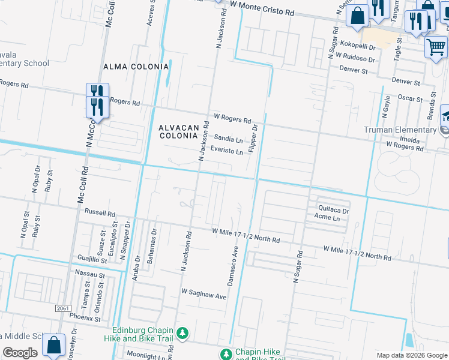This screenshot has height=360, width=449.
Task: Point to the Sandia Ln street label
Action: pos(229,139)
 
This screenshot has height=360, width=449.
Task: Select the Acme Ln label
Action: pos(328,218)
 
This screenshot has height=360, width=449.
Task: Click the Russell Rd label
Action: pos(100,212)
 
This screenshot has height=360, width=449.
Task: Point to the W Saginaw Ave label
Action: pos(204,296)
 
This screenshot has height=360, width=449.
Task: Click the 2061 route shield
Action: pos(63,308)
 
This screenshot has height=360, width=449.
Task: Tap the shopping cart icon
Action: pos(436,47)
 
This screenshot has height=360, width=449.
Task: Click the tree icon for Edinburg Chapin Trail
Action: pos(184,332)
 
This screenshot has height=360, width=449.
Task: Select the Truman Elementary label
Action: pos(400,130)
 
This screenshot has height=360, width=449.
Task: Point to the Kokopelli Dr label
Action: pos(357,46)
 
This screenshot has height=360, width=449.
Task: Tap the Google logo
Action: pos(20,352)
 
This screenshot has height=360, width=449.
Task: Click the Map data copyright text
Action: pos(411,355)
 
